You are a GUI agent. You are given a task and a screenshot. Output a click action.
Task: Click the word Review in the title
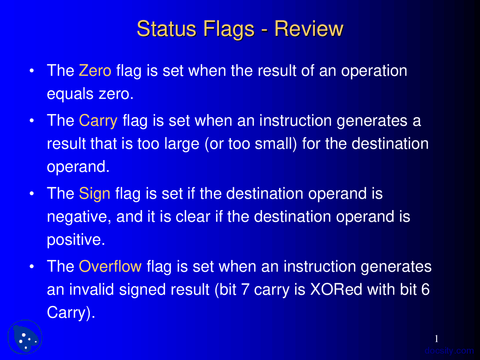point(309,29)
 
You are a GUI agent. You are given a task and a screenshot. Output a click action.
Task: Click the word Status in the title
point(166,29)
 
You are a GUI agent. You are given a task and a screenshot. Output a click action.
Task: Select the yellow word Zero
point(95,71)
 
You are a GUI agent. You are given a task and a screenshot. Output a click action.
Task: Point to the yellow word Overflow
point(110,267)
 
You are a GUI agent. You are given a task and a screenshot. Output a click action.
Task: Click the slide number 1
point(436,339)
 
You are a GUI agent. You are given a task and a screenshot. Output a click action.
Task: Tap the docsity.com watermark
point(449,351)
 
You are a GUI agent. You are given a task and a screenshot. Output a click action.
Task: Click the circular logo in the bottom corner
point(25,337)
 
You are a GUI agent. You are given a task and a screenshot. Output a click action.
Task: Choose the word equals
point(70,94)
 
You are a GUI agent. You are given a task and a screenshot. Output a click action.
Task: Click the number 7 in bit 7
point(245,289)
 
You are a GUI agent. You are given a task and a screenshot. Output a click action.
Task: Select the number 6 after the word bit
point(425,289)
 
